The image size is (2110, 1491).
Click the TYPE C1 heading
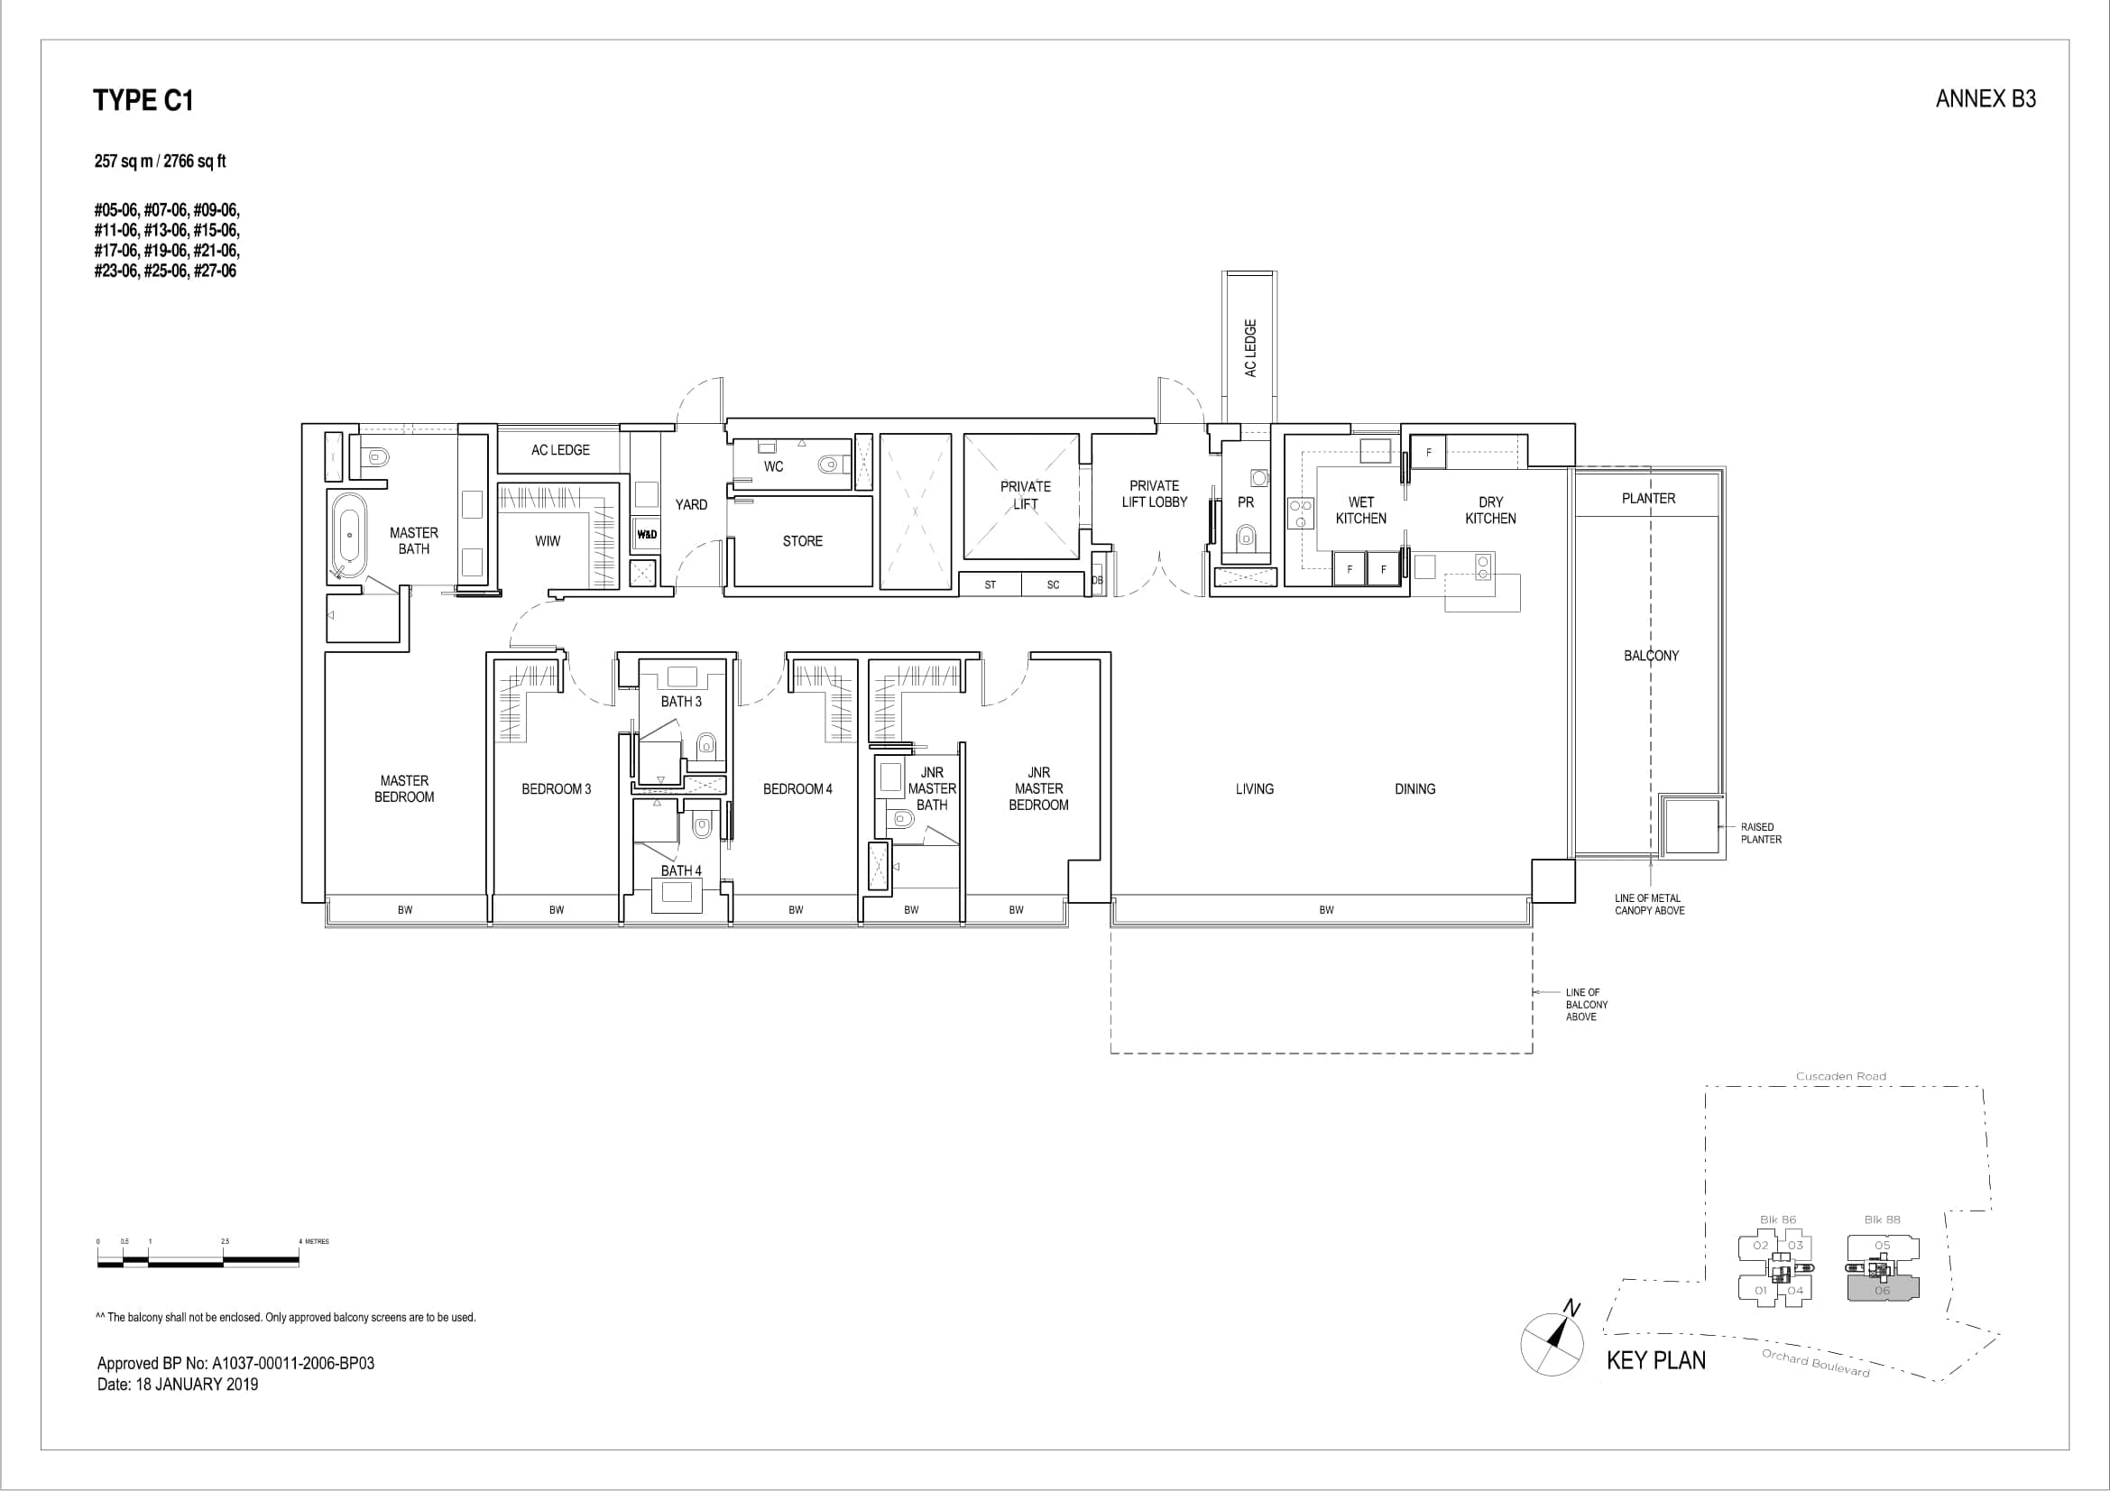coord(143,100)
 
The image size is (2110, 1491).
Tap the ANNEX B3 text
coord(1985,99)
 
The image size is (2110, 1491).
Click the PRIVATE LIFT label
coord(1025,495)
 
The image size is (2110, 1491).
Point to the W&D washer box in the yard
coord(646,535)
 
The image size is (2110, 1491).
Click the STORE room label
coord(802,541)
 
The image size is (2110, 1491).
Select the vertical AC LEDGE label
coord(1249,348)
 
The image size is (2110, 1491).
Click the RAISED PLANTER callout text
coord(1760,833)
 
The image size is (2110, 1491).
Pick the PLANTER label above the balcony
coord(1648,498)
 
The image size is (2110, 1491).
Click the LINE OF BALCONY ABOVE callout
coord(1586,1004)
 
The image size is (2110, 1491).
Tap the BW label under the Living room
coord(1326,910)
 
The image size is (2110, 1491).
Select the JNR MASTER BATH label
coord(931,788)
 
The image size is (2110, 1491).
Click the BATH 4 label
coord(681,870)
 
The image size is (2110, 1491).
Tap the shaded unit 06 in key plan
coord(1882,1290)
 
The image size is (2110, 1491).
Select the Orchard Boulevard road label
coord(1815,1362)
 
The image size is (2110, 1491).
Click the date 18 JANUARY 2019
coord(197,1385)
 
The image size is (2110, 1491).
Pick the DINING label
coord(1414,788)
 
